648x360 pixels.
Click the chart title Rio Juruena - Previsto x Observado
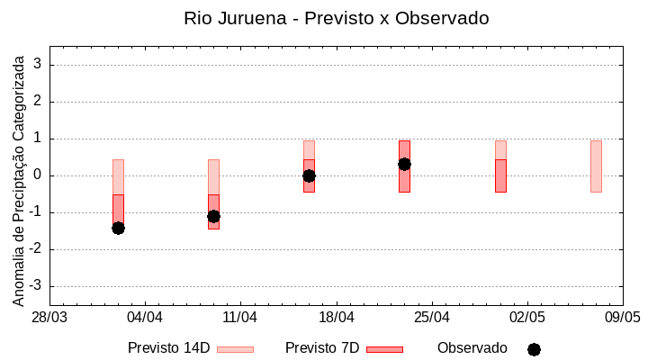(x=336, y=18)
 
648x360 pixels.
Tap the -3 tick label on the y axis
(x=37, y=286)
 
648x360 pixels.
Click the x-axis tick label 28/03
(x=49, y=318)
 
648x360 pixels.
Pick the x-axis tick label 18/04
(x=336, y=318)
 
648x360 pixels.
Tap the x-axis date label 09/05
(x=622, y=318)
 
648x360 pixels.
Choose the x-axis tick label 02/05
(x=526, y=318)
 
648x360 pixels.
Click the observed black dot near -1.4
(x=118, y=228)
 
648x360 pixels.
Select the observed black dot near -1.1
(x=213, y=216)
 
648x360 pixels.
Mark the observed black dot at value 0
(x=309, y=175)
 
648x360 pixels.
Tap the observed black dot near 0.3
(x=404, y=164)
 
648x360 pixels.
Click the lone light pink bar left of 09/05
(x=596, y=166)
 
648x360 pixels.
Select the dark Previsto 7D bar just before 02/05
(x=500, y=175)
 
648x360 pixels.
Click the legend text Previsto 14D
(x=168, y=348)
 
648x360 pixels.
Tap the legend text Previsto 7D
(x=322, y=348)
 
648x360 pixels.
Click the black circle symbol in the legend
(x=534, y=349)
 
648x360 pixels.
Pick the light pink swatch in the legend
(x=235, y=349)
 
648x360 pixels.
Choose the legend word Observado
(x=472, y=348)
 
